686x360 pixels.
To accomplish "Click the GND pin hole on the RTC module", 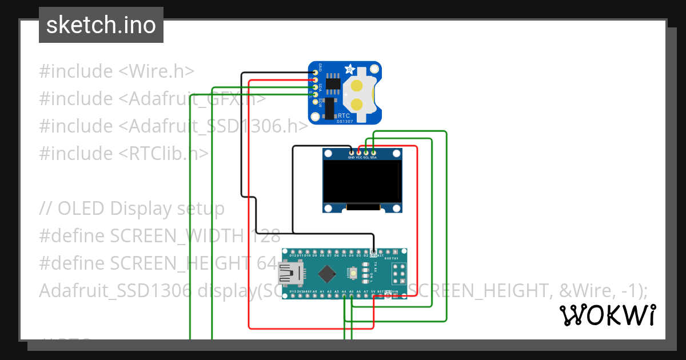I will pos(315,73).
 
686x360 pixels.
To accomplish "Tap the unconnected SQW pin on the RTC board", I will pos(315,101).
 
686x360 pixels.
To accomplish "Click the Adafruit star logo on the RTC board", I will pos(349,70).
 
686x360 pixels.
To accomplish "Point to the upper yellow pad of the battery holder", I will pos(356,86).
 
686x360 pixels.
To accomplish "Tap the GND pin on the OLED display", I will pos(352,153).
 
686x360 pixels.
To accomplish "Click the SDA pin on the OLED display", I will pos(373,153).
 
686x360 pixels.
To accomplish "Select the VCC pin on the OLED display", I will pos(359,153).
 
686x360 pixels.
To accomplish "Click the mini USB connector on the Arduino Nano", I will pos(289,274).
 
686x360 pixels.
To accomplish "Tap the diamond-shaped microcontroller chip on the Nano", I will pos(326,274).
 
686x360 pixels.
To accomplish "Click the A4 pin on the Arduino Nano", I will pos(344,297).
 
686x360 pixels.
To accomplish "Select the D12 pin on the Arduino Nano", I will pos(293,251).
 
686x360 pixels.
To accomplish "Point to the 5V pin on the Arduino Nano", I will pos(373,297).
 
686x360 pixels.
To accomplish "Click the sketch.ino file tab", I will pos(101,25).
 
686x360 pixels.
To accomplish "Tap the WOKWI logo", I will pos(607,315).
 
